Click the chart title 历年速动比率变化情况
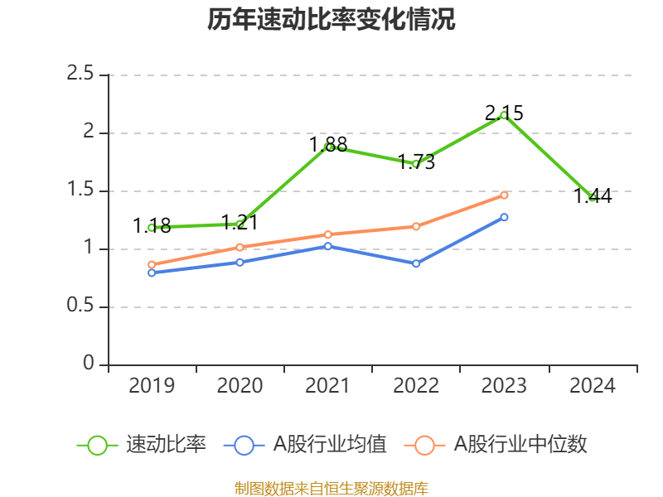click(x=331, y=20)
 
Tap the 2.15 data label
click(x=504, y=113)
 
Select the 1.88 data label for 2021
click(x=328, y=144)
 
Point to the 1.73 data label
click(x=416, y=162)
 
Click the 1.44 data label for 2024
click(x=593, y=195)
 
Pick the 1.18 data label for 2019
click(x=152, y=225)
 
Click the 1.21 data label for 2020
click(x=240, y=222)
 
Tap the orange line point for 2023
click(x=504, y=195)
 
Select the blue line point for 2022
click(x=416, y=263)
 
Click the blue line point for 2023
click(x=504, y=217)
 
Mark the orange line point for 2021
click(x=328, y=234)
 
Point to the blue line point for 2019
click(x=152, y=273)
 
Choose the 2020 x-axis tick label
click(x=240, y=385)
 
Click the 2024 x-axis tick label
click(x=593, y=385)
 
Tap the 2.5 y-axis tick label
click(x=80, y=75)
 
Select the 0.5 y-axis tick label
click(x=80, y=307)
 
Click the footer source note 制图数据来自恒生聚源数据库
click(x=331, y=488)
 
